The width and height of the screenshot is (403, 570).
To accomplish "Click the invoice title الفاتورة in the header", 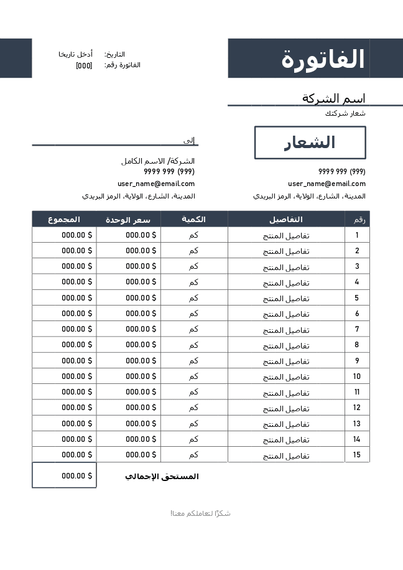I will click(323, 59).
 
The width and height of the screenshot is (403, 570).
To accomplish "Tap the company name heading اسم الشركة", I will click(333, 98).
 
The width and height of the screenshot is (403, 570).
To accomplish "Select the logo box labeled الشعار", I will click(310, 142).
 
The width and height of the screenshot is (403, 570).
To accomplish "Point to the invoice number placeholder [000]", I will click(84, 65).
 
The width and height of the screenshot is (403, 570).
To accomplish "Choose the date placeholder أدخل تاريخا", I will click(76, 54).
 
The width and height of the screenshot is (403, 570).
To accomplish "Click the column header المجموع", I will click(64, 219).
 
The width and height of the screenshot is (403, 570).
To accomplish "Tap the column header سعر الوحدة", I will click(128, 219).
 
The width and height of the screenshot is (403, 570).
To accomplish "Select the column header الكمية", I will click(194, 219).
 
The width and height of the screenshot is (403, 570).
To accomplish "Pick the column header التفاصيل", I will click(286, 219).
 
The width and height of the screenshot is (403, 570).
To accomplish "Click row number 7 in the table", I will click(357, 329).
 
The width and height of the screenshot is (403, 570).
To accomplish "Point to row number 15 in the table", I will click(357, 455).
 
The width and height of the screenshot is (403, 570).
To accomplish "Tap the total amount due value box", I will click(64, 475).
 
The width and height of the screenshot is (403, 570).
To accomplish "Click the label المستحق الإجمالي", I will click(162, 477).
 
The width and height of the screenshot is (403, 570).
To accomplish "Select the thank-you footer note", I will click(201, 513).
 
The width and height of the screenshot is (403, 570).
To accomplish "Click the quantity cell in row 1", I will click(194, 235).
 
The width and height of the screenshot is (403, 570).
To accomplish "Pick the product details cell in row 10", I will click(286, 376).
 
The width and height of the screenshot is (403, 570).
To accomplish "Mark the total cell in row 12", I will click(64, 408).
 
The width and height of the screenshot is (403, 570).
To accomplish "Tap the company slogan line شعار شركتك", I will click(345, 113).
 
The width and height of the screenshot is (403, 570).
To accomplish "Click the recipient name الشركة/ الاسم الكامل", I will click(158, 161).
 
